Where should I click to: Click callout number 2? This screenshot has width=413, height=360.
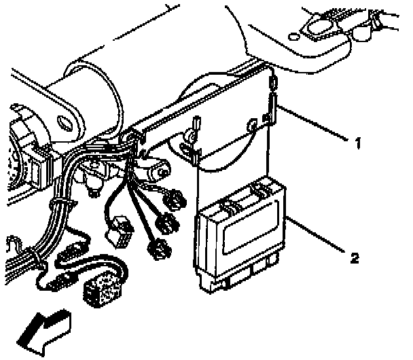point(353,257)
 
